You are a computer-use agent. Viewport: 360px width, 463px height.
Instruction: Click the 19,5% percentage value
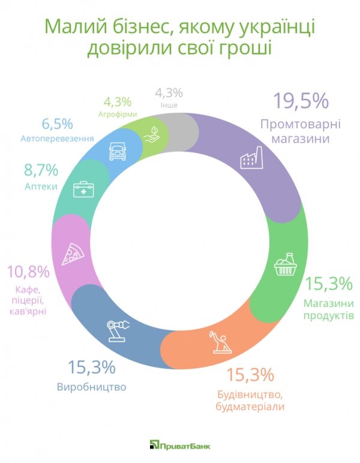301,101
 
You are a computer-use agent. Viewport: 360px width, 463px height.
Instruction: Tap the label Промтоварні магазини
300,131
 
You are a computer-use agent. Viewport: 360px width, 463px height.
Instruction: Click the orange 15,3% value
250,375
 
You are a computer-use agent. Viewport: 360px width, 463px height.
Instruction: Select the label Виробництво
91,387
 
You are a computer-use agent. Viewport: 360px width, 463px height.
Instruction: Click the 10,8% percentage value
28,272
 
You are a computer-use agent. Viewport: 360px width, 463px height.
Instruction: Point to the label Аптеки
41,187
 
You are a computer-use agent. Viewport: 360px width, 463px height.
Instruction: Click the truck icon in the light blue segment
118,151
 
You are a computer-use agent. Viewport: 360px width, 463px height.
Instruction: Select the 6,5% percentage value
57,124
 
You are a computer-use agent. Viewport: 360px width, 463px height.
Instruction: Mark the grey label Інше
169,106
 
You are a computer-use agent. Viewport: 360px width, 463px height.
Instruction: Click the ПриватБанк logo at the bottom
180,444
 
